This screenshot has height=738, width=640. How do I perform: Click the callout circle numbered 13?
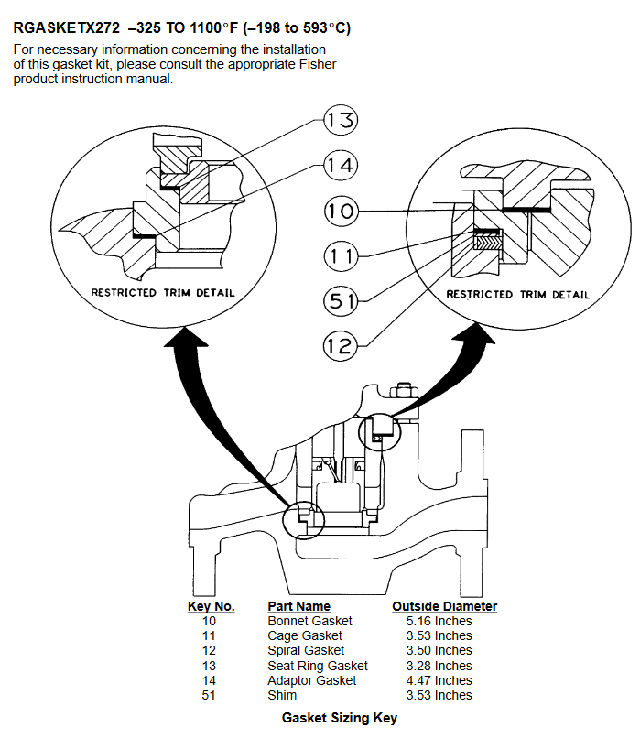[x=341, y=120]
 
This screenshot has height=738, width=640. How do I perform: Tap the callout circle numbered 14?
[x=341, y=165]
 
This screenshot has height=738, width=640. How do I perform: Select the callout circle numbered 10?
[x=341, y=211]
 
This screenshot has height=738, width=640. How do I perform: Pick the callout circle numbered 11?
[x=341, y=255]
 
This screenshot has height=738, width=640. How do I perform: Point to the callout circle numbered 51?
[x=341, y=300]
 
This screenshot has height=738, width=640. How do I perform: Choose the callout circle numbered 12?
[x=341, y=345]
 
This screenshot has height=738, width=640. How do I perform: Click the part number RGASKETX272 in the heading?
[x=66, y=28]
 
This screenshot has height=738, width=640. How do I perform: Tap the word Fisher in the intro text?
[x=318, y=64]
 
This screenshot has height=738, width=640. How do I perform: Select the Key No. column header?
[x=211, y=606]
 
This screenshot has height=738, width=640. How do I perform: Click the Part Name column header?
[x=298, y=606]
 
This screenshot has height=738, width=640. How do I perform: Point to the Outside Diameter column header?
[x=444, y=606]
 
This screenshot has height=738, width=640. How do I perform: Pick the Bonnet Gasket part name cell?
[x=309, y=622]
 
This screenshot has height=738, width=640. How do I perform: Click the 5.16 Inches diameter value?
[x=439, y=622]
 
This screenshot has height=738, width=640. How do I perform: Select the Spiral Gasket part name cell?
[x=306, y=650]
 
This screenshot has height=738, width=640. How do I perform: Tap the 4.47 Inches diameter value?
[x=439, y=680]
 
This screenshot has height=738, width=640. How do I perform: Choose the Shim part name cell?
[x=282, y=695]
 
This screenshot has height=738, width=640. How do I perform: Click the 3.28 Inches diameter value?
[x=439, y=666]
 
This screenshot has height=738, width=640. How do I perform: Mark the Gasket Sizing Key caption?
[x=340, y=718]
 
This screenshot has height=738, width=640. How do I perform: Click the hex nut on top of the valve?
[x=404, y=392]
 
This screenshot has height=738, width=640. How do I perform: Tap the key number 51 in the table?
[x=209, y=695]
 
